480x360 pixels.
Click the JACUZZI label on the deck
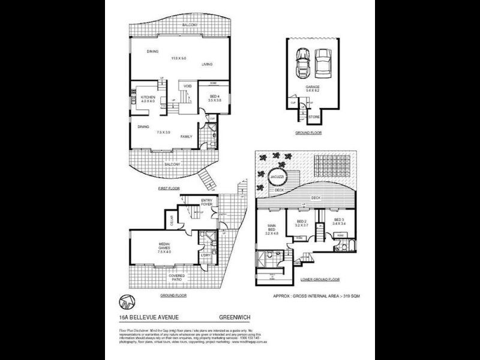(x=277, y=178)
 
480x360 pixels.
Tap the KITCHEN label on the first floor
(x=148, y=97)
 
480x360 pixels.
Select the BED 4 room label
(x=215, y=97)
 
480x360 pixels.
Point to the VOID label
(x=187, y=86)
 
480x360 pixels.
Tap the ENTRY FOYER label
(x=206, y=203)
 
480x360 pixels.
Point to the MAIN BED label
(x=270, y=228)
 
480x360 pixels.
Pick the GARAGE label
(x=312, y=87)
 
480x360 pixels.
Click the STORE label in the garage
(x=314, y=116)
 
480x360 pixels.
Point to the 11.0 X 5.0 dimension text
(x=179, y=58)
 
